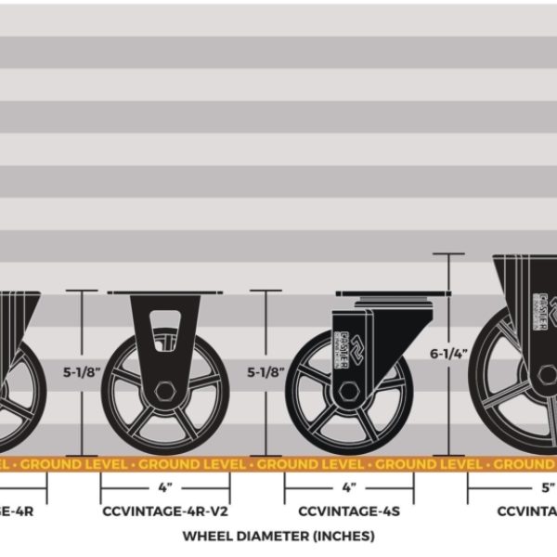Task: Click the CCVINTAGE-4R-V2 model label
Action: [165, 511]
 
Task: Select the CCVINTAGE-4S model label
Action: [348, 511]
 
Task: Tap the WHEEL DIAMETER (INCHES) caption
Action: [278, 536]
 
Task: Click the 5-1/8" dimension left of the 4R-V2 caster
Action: [82, 374]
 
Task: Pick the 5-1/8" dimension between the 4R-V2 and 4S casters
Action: [266, 374]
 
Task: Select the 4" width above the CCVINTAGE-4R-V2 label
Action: [165, 486]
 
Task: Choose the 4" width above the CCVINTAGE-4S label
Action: [348, 486]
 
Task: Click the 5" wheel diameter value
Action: [549, 486]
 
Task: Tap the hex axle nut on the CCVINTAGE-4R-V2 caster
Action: [165, 388]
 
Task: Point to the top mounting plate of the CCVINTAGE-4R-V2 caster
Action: [165, 294]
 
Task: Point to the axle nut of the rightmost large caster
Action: [549, 375]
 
